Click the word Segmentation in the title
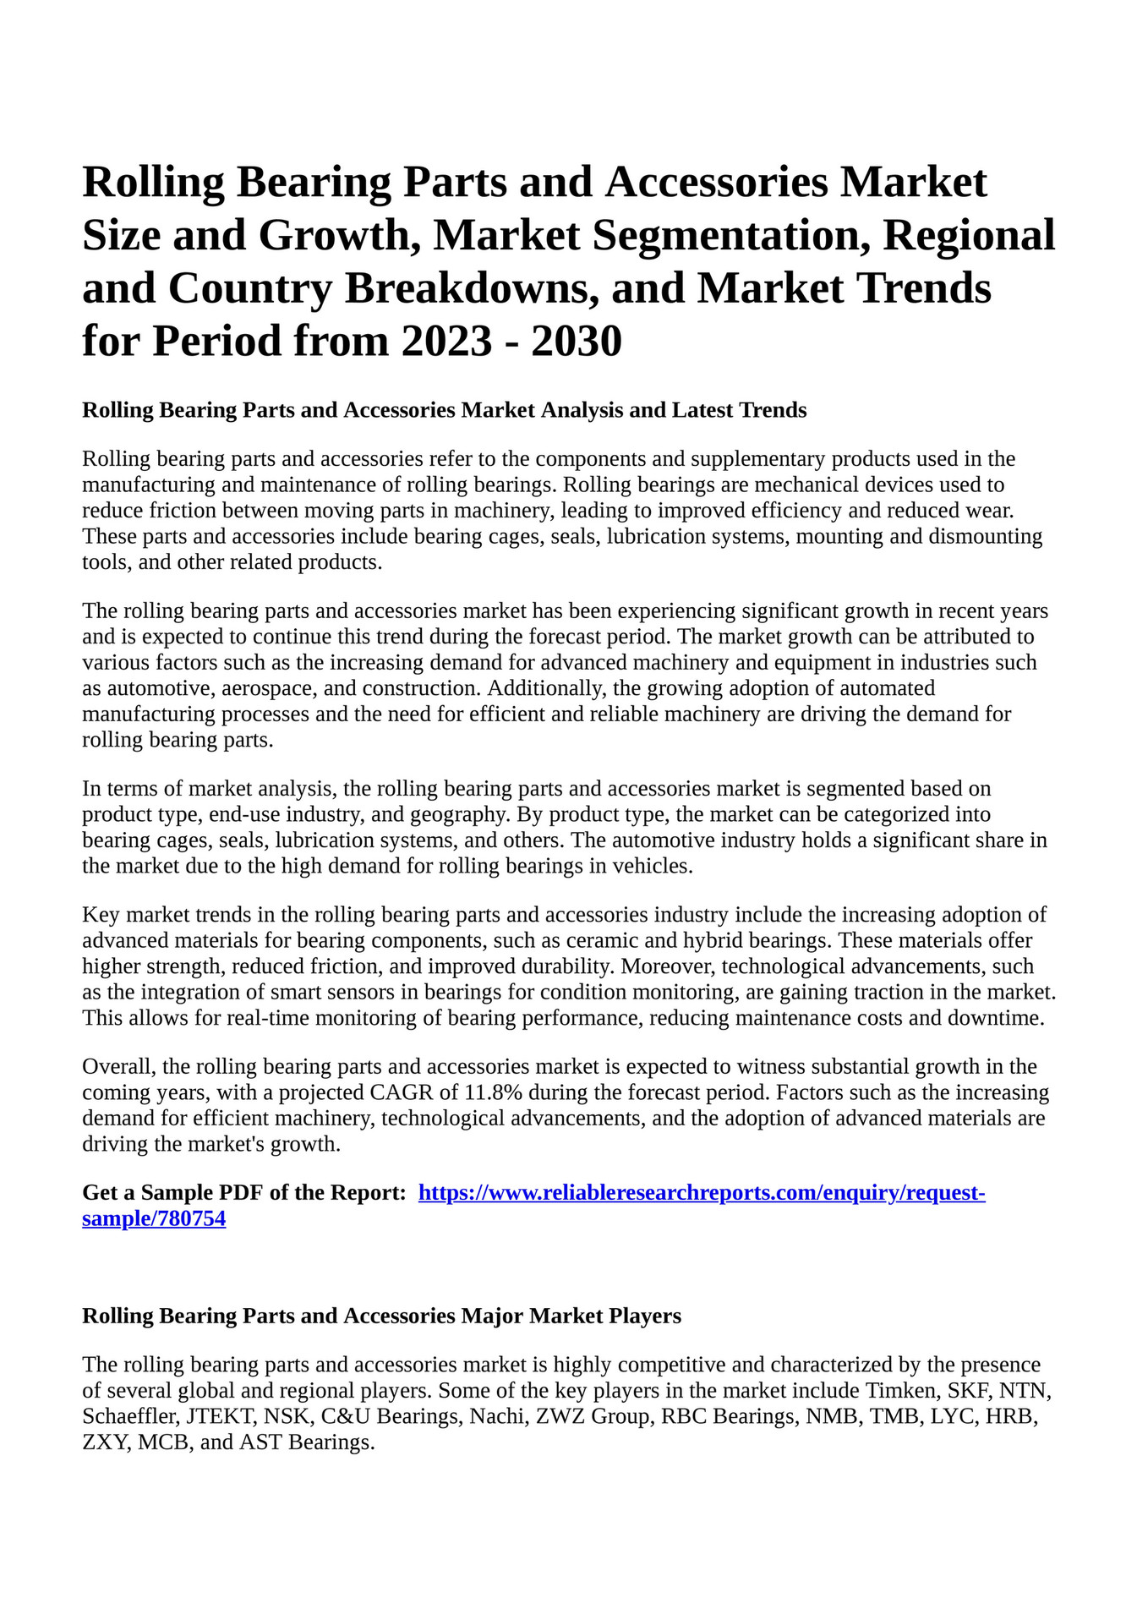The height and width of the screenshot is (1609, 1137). [726, 235]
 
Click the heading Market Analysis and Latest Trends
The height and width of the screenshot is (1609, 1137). [633, 410]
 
